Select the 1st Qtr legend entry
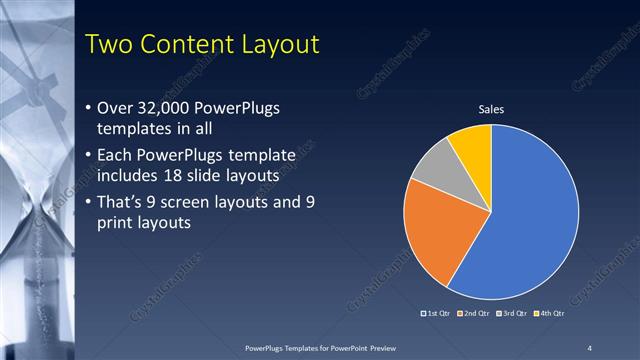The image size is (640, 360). click(437, 315)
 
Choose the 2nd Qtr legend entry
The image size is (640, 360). click(475, 315)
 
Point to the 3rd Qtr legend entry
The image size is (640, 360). click(513, 315)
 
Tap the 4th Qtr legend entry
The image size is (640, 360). click(550, 315)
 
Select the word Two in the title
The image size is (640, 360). click(109, 44)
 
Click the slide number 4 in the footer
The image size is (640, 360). click(589, 347)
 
